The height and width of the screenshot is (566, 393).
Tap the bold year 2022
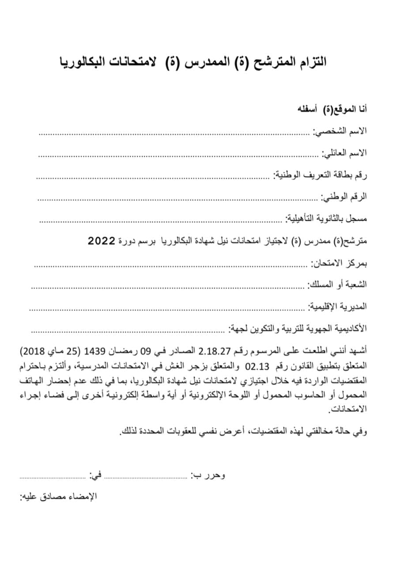click(102, 241)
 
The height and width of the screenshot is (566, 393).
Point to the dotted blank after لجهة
click(128, 330)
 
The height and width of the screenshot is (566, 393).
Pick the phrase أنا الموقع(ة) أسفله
click(333, 109)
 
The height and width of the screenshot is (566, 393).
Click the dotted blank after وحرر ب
click(146, 476)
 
